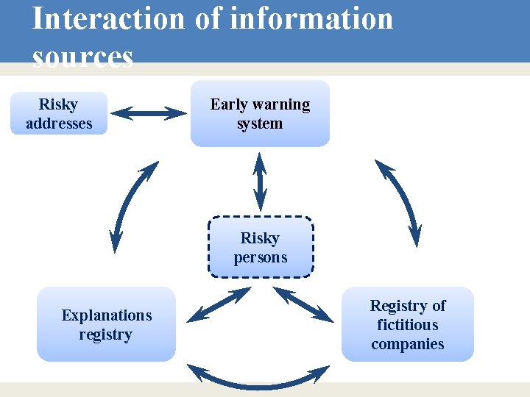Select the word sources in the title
[x=82, y=57]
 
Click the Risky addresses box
[x=59, y=113]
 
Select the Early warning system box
[x=260, y=114]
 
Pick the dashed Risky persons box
[x=261, y=247]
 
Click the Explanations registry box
[x=106, y=324]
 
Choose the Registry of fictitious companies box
[x=407, y=324]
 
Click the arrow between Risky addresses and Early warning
[x=149, y=113]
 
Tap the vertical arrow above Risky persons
[x=260, y=181]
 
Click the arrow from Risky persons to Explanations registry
[x=219, y=305]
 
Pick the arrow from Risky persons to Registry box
[x=303, y=304]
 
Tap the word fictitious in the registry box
[x=407, y=325]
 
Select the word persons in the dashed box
[x=261, y=257]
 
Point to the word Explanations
[x=106, y=315]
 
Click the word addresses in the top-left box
[x=59, y=124]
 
